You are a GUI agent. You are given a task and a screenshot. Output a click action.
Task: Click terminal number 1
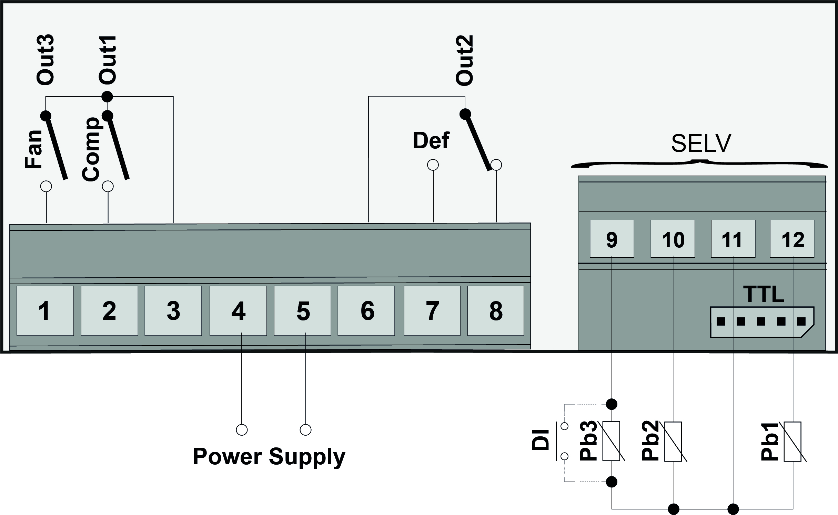(45, 310)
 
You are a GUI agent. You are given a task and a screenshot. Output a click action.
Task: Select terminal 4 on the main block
(238, 310)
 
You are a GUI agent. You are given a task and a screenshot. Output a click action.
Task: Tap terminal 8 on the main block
(496, 310)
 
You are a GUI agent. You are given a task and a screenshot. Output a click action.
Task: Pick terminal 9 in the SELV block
(612, 239)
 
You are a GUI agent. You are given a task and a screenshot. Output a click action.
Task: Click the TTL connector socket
(762, 321)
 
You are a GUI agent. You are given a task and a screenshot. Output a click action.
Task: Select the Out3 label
(45, 60)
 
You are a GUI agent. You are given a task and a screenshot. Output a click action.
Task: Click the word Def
(431, 140)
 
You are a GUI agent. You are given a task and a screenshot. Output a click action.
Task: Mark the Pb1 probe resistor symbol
(792, 442)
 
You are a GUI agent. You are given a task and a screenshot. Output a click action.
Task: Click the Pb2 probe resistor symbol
(673, 442)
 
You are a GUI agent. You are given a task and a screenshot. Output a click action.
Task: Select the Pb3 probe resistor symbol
(612, 442)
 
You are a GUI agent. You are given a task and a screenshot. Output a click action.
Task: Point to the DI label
(541, 439)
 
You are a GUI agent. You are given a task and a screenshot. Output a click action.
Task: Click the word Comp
(91, 149)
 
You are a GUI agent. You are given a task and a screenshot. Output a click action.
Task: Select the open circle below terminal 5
(305, 430)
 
